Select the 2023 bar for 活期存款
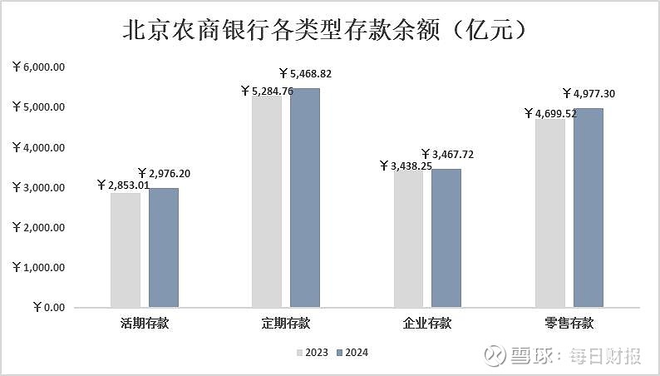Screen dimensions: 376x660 tap(126, 250)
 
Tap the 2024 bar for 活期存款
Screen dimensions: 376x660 tap(164, 248)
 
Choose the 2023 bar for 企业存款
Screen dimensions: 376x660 tap(408, 239)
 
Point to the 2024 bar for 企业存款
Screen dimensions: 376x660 tap(446, 238)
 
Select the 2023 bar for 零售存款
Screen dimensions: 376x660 tap(550, 213)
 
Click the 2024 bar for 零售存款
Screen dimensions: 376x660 tap(589, 208)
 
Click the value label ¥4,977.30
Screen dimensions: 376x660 tap(594, 93)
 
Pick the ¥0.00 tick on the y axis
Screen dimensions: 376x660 tap(49, 307)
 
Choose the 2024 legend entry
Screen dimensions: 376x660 tap(352, 352)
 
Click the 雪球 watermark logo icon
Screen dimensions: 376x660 tap(495, 356)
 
